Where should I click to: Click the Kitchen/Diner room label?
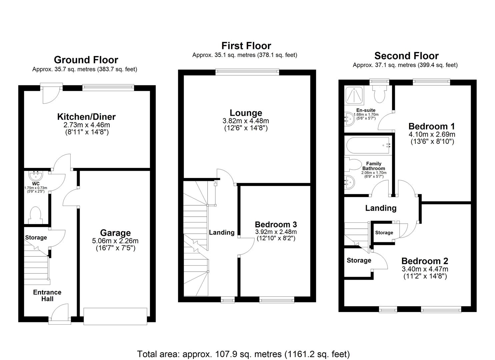(86, 117)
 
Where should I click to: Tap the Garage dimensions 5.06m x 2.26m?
(115, 241)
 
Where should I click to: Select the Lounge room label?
(246, 113)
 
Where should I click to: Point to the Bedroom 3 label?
(276, 224)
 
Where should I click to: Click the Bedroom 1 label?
(432, 126)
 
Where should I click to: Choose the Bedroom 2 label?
(425, 261)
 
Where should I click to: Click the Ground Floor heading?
(86, 60)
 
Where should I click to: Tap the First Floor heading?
(246, 46)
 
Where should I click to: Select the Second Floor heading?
(406, 56)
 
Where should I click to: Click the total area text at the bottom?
(243, 354)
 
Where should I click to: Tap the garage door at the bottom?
(115, 316)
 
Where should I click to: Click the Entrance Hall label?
(47, 296)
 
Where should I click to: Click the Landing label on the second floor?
(381, 208)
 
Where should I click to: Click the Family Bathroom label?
(374, 166)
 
